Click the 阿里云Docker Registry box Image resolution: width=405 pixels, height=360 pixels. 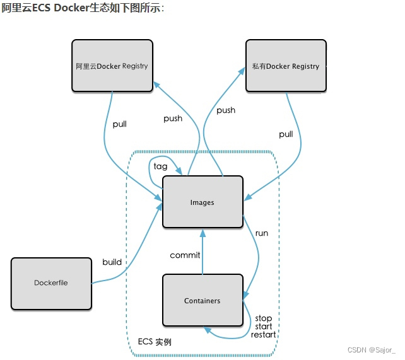pyautogui.click(x=112, y=66)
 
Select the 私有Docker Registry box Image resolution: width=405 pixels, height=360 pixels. pyautogui.click(x=286, y=66)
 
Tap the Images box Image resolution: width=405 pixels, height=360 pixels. pyautogui.click(x=202, y=202)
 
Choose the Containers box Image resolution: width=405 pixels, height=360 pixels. pyautogui.click(x=202, y=300)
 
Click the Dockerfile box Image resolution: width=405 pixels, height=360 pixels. pyautogui.click(x=51, y=283)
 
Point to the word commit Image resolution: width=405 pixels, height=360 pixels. pyautogui.click(x=185, y=255)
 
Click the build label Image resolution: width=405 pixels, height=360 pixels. pyautogui.click(x=112, y=262)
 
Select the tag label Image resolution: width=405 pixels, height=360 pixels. pyautogui.click(x=160, y=166)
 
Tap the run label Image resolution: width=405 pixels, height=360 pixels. pyautogui.click(x=261, y=233)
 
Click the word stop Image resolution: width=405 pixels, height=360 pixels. pyautogui.click(x=263, y=318)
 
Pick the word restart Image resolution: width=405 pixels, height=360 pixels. pyautogui.click(x=264, y=335)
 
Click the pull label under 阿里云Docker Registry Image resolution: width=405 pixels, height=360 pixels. pyautogui.click(x=119, y=124)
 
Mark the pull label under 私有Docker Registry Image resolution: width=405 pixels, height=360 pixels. pyautogui.click(x=286, y=134)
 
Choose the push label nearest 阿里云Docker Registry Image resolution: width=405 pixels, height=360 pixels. pyautogui.click(x=173, y=119)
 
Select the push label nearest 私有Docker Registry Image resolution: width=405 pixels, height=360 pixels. pyautogui.click(x=226, y=110)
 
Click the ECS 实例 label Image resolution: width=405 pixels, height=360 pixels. pyautogui.click(x=155, y=342)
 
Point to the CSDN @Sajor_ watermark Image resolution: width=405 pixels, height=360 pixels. pyautogui.click(x=372, y=349)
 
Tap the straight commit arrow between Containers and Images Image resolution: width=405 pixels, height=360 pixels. pyautogui.click(x=202, y=252)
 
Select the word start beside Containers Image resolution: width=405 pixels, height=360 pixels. pyautogui.click(x=263, y=327)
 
